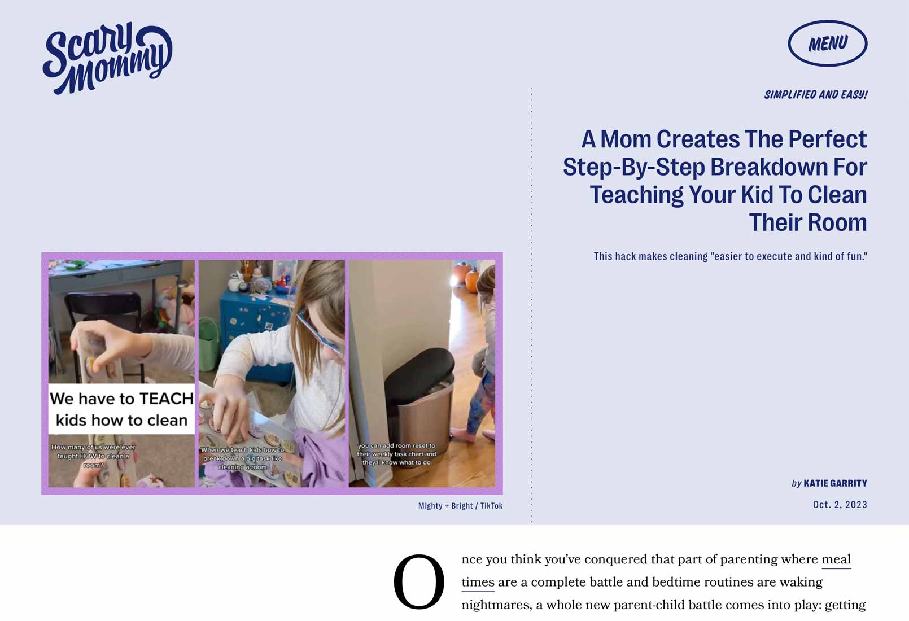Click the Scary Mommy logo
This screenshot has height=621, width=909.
click(x=107, y=58)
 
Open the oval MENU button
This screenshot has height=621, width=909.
click(x=828, y=43)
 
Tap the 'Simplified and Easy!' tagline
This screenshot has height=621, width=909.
click(x=816, y=95)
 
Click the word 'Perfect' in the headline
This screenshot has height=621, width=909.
click(x=828, y=139)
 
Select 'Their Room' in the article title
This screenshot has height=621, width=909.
click(x=808, y=222)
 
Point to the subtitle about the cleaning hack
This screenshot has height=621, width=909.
click(x=731, y=256)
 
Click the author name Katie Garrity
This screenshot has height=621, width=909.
click(x=835, y=483)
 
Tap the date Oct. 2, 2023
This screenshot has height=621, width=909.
click(x=840, y=505)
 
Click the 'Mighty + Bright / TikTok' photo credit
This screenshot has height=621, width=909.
click(x=460, y=506)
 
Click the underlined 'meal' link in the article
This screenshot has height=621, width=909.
click(x=836, y=559)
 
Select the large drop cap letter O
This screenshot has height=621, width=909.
click(x=418, y=581)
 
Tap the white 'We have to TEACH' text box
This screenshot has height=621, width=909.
click(x=121, y=409)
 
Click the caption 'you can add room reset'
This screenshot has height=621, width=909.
click(x=396, y=454)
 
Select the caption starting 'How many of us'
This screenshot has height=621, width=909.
click(x=93, y=456)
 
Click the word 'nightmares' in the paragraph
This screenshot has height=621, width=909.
click(x=496, y=605)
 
